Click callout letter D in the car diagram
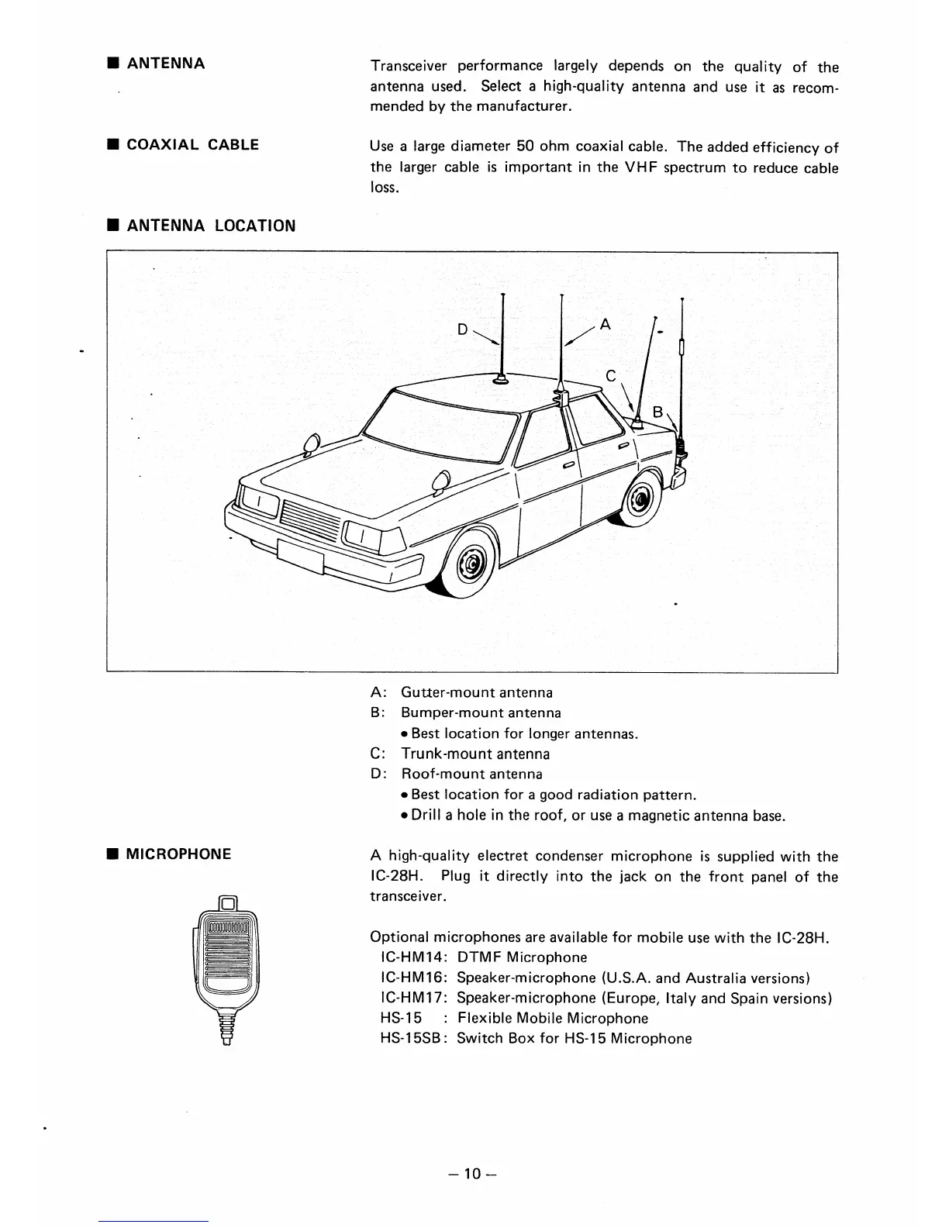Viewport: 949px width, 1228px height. [x=462, y=329]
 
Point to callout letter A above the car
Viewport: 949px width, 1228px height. [x=606, y=326]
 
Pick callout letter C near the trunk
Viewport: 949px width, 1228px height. [x=611, y=376]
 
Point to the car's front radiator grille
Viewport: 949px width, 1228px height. [x=311, y=518]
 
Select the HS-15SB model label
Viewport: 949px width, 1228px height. [x=411, y=1039]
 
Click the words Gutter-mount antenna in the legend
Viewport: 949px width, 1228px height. [x=477, y=692]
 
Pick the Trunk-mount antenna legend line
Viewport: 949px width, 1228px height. [x=475, y=754]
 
